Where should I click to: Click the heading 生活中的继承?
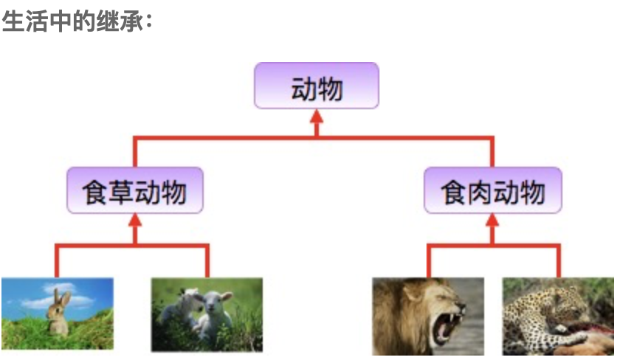tap(77, 20)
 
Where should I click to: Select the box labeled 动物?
tap(317, 86)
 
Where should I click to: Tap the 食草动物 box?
tap(134, 190)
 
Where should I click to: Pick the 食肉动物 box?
tap(493, 190)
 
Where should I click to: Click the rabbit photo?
tap(58, 313)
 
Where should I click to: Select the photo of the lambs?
tap(207, 314)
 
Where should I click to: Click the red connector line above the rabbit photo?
tap(56, 262)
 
